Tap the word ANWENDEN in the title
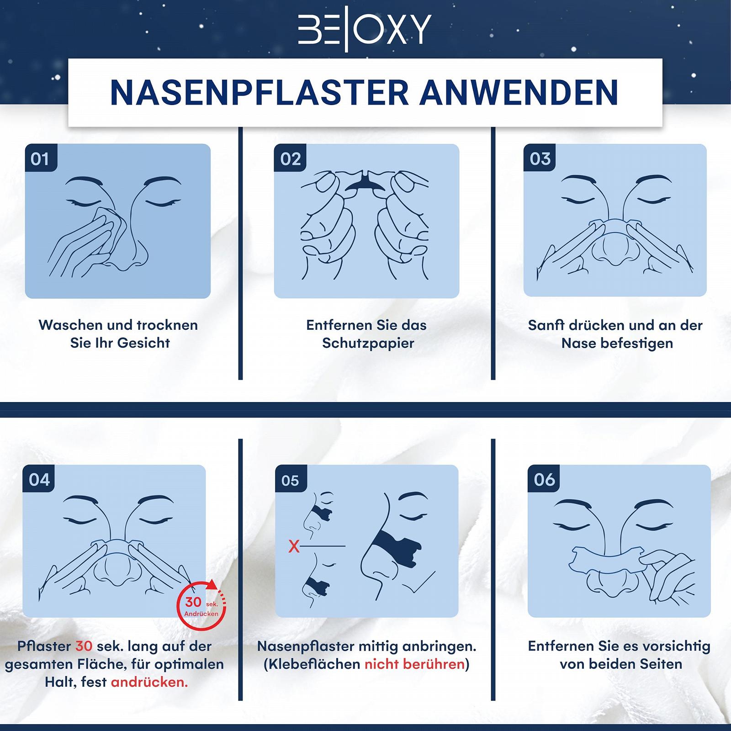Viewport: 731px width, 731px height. pos(519,93)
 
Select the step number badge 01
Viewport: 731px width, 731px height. pos(41,158)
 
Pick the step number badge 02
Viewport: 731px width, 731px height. pos(290,158)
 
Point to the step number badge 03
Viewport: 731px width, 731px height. pos(540,158)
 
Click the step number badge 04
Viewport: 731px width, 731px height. pos(39,479)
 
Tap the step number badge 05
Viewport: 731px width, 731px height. pos(291,480)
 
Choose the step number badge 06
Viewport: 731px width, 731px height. pos(544,479)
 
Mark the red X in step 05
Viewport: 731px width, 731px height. pos(294,546)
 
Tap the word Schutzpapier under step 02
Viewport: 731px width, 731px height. pos(368,344)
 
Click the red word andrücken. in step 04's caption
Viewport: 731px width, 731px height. pos(149,682)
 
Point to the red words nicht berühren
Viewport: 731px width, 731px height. pos(414,664)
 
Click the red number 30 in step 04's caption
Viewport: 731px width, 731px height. pos(84,646)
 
